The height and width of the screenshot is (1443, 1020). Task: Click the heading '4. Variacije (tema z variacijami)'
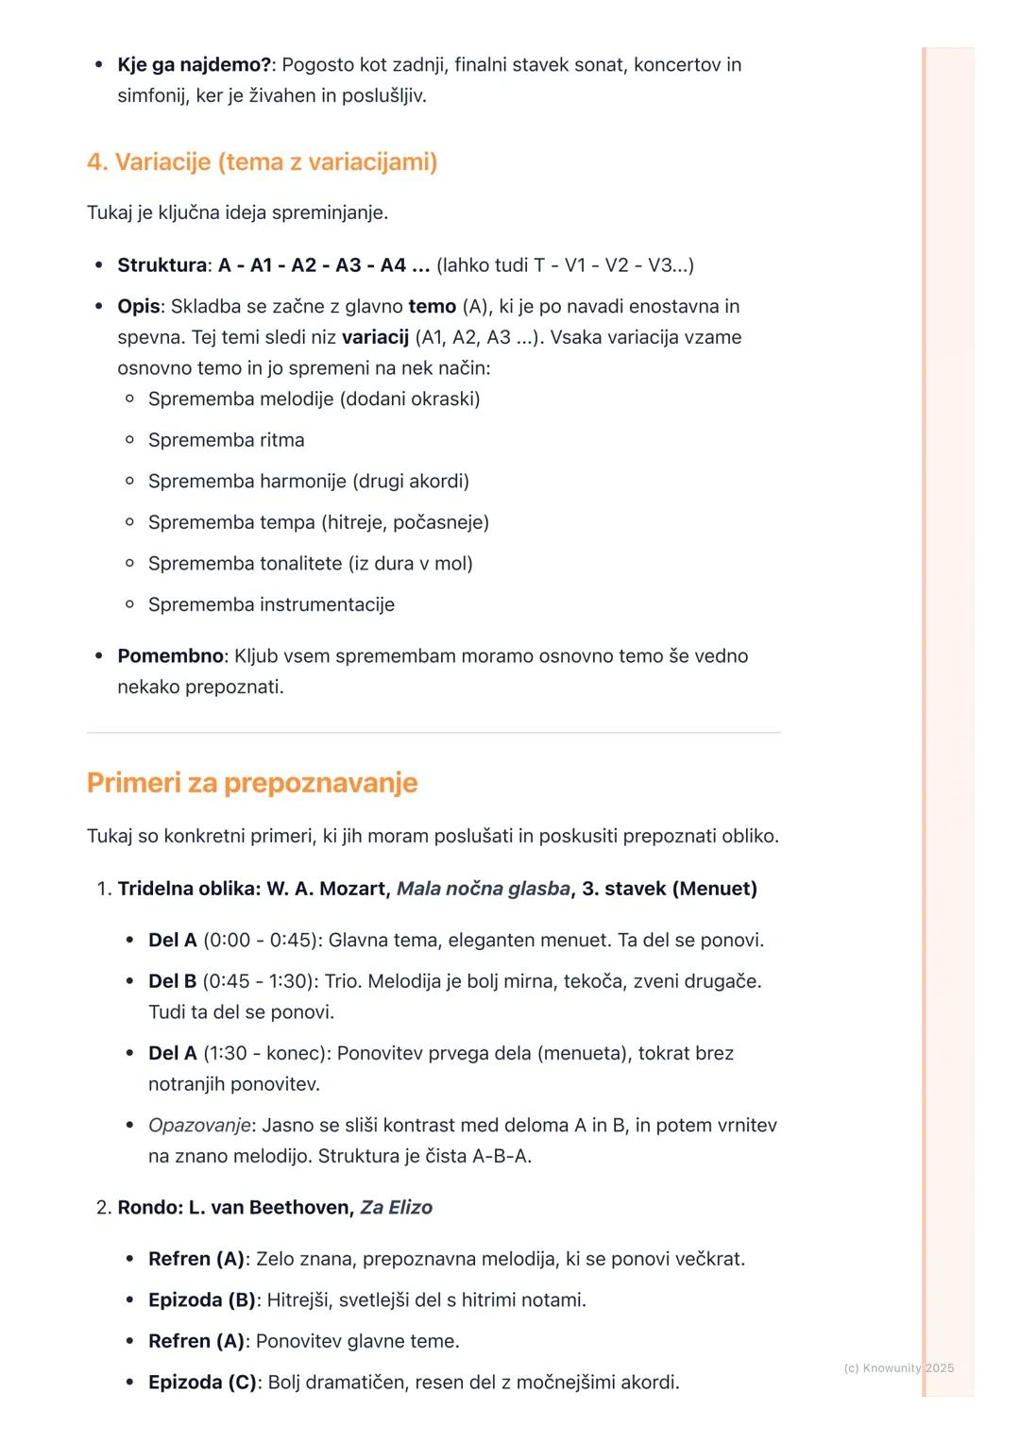tap(262, 162)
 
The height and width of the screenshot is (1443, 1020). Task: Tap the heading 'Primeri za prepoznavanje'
tap(252, 783)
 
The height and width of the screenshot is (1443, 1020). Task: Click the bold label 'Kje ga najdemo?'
tap(194, 65)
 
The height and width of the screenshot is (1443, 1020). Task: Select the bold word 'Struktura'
tap(161, 265)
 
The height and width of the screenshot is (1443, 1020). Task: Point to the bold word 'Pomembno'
tap(170, 656)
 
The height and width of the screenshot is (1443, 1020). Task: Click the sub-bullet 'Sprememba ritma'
tap(226, 440)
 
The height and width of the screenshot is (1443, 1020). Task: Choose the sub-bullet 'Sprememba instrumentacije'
tap(271, 604)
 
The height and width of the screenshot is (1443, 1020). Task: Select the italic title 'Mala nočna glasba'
tap(483, 889)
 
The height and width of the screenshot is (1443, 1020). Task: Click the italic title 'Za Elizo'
tap(397, 1208)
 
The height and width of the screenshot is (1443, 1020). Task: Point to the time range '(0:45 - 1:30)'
tap(259, 981)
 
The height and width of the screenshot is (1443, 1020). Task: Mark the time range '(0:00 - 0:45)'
tap(260, 941)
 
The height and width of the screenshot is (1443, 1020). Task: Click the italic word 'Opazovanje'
tap(199, 1126)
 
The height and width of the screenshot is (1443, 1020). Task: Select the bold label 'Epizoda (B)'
tap(201, 1300)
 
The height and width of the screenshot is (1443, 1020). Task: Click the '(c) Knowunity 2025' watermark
tap(898, 1368)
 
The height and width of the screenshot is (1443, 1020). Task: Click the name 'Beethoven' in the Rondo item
tap(301, 1208)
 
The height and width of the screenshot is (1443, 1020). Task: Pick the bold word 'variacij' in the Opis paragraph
tap(375, 337)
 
